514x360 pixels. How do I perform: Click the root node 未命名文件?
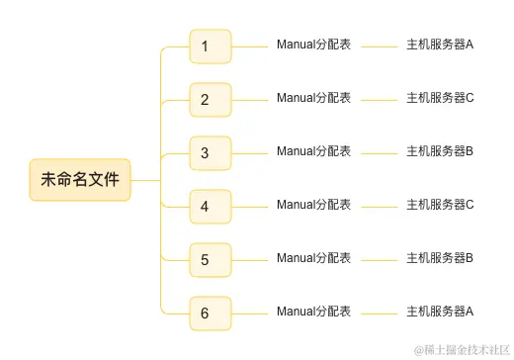point(80,180)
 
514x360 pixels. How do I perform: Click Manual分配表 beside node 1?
point(313,45)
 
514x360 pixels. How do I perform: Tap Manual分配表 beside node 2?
point(313,98)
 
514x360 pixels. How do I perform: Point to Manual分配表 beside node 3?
point(313,151)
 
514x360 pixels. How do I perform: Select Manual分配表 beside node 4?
point(313,205)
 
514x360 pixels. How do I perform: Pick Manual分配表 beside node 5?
point(313,258)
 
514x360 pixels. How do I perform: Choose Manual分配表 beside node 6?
point(313,312)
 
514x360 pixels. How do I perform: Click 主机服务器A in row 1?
point(440,45)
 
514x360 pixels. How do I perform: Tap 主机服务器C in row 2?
point(440,98)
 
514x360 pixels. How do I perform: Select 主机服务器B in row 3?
point(440,151)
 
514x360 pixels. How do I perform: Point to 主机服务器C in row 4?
point(440,205)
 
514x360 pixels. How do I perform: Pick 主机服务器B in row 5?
point(440,258)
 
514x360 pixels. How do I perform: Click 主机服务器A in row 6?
point(440,312)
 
